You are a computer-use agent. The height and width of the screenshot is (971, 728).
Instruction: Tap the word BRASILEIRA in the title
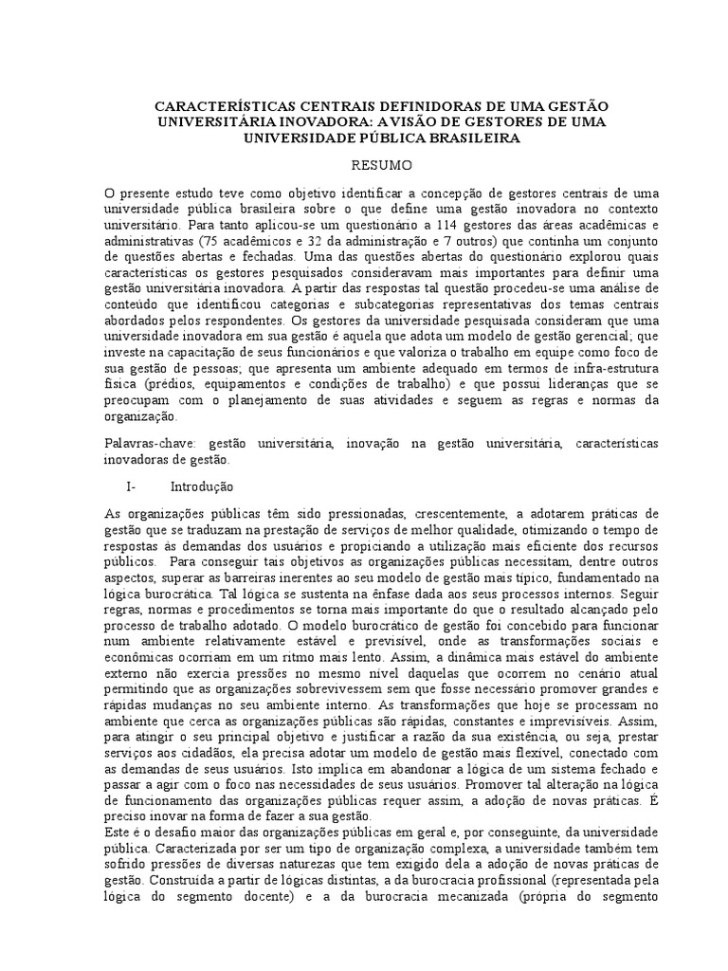tap(471, 137)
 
